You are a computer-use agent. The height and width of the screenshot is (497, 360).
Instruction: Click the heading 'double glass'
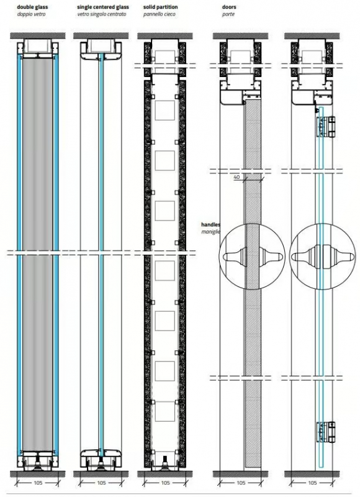click(x=32, y=7)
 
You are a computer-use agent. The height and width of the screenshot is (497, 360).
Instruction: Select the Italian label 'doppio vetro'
click(x=32, y=14)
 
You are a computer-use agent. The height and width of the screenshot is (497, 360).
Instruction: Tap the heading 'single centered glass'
click(x=103, y=7)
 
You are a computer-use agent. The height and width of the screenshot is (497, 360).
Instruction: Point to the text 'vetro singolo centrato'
click(x=102, y=14)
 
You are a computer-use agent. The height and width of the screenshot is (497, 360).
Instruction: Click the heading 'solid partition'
click(x=160, y=7)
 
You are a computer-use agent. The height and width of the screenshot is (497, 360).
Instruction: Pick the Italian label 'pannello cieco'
click(x=159, y=14)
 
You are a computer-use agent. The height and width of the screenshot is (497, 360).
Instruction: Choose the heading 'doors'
click(x=229, y=7)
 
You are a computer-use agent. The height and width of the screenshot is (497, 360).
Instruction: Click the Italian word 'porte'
click(x=228, y=14)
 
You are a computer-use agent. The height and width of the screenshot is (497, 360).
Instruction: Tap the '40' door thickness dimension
click(x=237, y=177)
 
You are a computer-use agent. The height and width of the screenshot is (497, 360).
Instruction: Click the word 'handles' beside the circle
click(x=210, y=225)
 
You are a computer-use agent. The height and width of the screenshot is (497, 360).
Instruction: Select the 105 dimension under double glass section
click(x=38, y=483)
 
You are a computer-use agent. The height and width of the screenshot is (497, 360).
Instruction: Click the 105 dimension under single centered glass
click(x=101, y=483)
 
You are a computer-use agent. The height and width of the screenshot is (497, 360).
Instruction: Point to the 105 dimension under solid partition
click(x=165, y=483)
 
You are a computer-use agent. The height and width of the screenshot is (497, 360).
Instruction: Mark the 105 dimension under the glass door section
click(x=312, y=483)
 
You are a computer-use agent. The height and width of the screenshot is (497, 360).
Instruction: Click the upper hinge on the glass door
click(x=326, y=127)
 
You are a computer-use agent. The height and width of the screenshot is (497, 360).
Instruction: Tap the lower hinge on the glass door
click(x=326, y=432)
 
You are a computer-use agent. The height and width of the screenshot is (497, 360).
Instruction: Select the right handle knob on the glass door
click(x=334, y=257)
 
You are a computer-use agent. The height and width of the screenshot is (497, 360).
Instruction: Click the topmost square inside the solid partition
click(x=164, y=111)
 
